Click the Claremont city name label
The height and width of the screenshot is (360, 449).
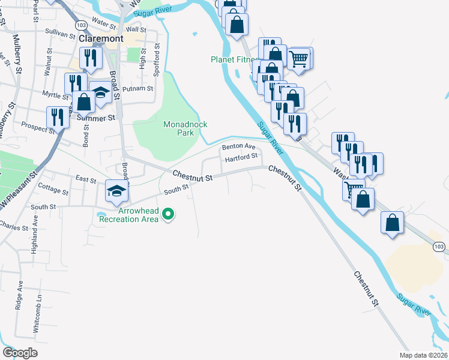tap(101, 38)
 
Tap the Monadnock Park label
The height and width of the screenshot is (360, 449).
tap(185, 128)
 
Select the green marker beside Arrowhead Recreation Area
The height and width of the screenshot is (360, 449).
tap(169, 214)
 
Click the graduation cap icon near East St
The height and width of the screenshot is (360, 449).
tap(117, 191)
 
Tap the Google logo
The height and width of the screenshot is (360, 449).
tap(20, 353)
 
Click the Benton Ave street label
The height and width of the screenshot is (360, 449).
tap(238, 146)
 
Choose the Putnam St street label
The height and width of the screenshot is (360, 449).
tap(134, 89)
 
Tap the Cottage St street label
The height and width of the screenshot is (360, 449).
tap(53, 190)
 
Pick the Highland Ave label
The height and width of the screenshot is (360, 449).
tap(35, 227)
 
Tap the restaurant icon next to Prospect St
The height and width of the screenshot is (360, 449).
tap(58, 116)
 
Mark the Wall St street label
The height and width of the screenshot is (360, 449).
tap(136, 29)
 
